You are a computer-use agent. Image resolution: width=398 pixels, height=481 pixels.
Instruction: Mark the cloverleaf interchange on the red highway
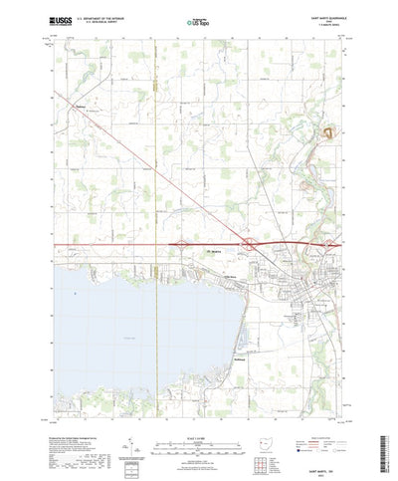(246, 244)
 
